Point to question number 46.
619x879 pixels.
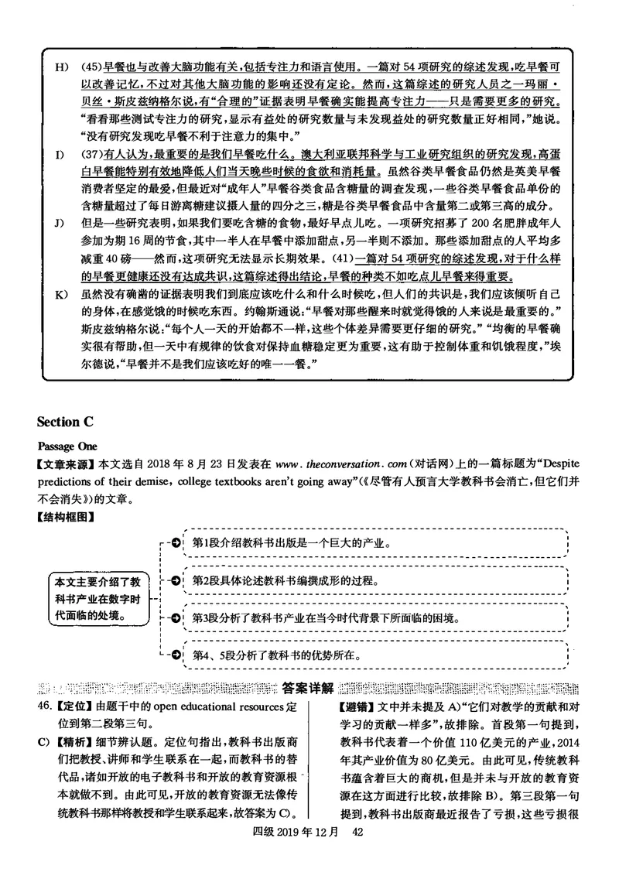[x=44, y=707]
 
